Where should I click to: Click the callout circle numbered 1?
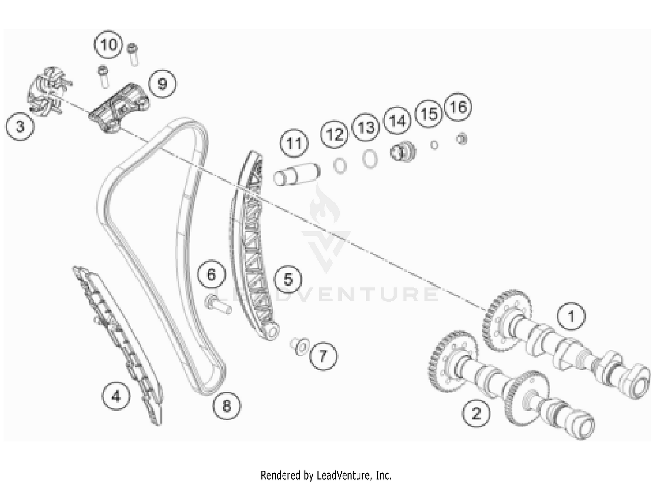pyautogui.click(x=571, y=317)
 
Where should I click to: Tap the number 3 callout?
pyautogui.click(x=20, y=127)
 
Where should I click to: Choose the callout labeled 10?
pyautogui.click(x=108, y=45)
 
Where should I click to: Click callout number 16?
pyautogui.click(x=458, y=107)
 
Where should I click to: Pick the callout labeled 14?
pyautogui.click(x=397, y=121)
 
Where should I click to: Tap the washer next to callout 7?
pyautogui.click(x=300, y=347)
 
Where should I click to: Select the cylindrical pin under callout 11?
pyautogui.click(x=296, y=174)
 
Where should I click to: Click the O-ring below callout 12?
pyautogui.click(x=340, y=166)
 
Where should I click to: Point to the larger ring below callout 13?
pyautogui.click(x=370, y=159)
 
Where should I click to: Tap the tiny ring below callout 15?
pyautogui.click(x=434, y=145)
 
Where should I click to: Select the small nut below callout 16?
pyautogui.click(x=461, y=139)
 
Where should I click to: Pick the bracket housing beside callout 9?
pyautogui.click(x=119, y=108)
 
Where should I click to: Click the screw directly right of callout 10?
pyautogui.click(x=133, y=55)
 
